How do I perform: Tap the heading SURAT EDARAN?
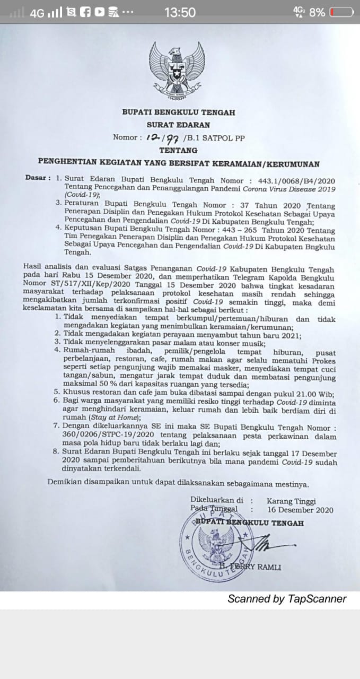178,125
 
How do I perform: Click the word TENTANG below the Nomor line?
178,150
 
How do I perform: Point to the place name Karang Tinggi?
291,501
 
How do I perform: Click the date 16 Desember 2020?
300,510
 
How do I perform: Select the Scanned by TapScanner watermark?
287,599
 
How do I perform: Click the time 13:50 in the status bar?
180,12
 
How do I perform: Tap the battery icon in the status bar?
341,12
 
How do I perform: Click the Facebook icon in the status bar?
85,12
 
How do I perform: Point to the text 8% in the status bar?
317,12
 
